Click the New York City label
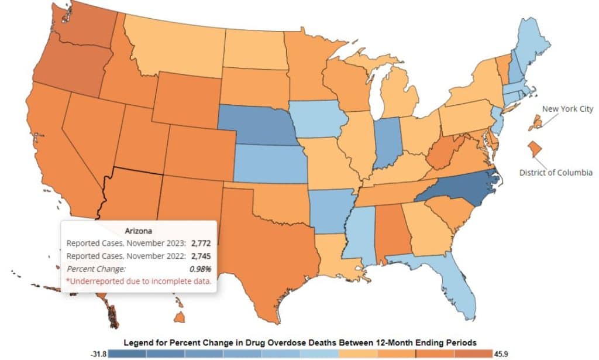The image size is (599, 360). (567, 109)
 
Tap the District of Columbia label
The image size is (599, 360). (556, 173)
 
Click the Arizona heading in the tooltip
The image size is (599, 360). (139, 231)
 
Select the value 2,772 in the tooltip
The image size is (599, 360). (200, 243)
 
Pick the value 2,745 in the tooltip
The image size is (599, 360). (200, 256)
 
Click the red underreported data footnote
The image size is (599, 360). (139, 281)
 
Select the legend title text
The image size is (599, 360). (299, 341)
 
